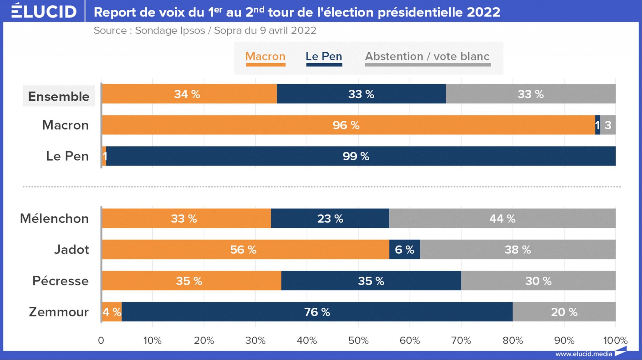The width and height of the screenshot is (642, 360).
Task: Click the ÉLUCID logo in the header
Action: coord(44,11)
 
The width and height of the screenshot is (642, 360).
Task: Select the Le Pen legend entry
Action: coord(324,57)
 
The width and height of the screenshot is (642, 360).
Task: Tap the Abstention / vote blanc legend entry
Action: coord(427,57)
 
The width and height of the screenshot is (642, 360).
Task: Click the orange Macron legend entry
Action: coord(265,57)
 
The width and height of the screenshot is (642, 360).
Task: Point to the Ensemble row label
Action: coord(59,96)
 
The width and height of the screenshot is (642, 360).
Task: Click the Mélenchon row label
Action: coord(54,218)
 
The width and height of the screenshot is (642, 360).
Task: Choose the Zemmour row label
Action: coord(59,312)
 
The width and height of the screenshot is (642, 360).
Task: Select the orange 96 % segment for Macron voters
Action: coord(346,125)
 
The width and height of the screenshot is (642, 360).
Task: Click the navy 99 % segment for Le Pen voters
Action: coord(356,156)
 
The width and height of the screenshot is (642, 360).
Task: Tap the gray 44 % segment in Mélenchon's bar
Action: coord(502,218)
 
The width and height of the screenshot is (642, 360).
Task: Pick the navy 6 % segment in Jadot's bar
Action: coord(404,250)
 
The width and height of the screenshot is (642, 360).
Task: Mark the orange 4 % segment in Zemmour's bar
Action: coord(112,312)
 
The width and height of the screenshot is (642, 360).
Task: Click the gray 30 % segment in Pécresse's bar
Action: coord(538,281)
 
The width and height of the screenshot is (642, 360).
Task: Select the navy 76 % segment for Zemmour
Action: coord(317,312)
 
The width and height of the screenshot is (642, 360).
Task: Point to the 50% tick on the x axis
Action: coord(358,340)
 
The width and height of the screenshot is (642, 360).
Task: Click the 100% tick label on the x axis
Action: coord(615,340)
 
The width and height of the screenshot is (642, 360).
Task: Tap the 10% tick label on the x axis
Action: coord(152,340)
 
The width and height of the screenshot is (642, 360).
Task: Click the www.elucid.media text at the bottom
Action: coord(584,354)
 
